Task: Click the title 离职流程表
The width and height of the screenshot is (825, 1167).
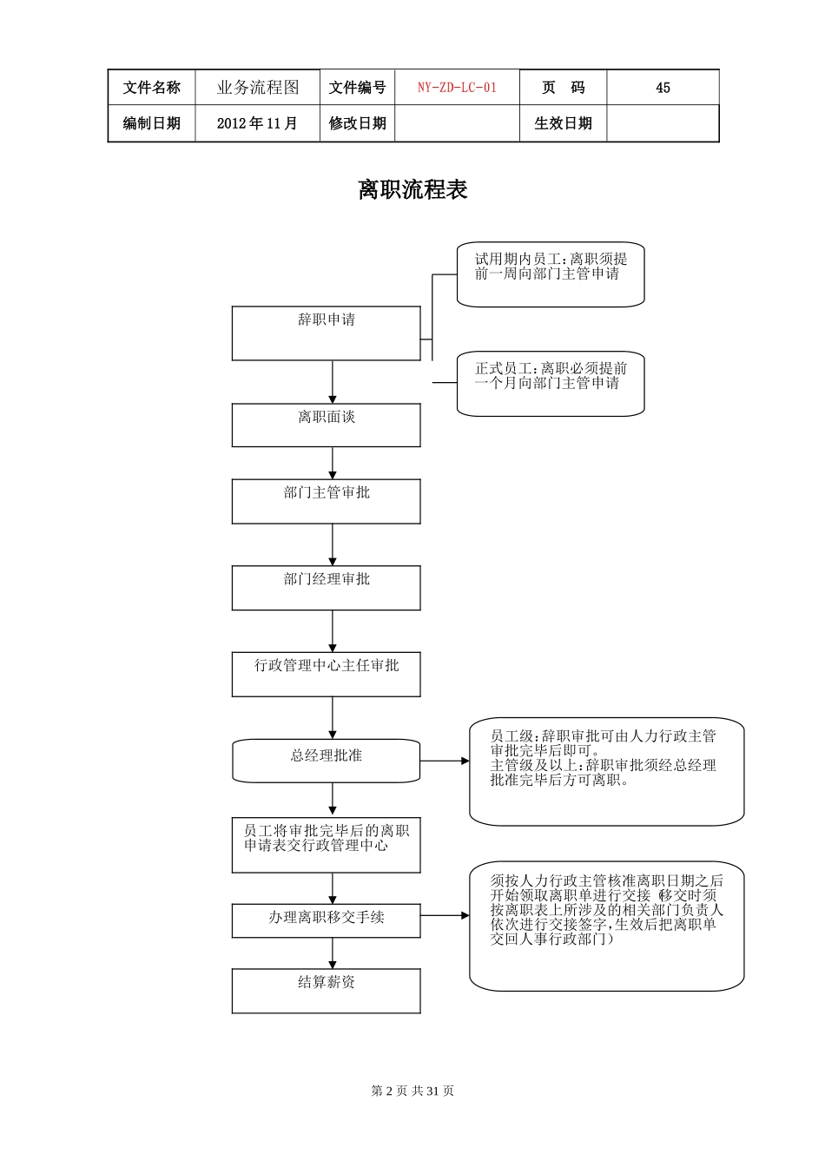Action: (412, 190)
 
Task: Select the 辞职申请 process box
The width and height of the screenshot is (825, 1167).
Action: (326, 333)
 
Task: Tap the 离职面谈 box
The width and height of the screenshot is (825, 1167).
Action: (326, 425)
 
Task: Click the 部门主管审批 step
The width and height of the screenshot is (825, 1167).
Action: (326, 501)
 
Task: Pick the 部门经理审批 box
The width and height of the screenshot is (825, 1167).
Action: (326, 587)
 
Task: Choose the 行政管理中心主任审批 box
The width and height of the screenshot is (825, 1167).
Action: (326, 674)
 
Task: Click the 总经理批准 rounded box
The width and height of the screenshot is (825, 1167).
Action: (326, 760)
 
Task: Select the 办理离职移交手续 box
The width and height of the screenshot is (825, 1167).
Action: (326, 920)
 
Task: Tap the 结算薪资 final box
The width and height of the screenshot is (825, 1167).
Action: (326, 991)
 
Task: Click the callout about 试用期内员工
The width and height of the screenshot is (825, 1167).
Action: (551, 274)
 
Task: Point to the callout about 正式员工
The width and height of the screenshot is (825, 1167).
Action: (551, 383)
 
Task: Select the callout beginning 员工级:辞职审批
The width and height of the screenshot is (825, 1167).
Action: (606, 770)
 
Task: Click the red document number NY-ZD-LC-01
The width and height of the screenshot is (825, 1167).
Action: (457, 88)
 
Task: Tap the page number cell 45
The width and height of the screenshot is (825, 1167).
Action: (663, 88)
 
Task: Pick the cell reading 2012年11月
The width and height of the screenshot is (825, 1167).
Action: (257, 123)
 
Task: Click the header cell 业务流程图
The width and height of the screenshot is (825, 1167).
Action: (257, 88)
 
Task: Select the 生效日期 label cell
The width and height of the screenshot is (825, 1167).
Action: (563, 123)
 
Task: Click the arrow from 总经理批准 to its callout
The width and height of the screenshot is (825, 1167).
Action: (445, 761)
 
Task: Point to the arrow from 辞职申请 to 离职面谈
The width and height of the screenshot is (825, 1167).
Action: (333, 382)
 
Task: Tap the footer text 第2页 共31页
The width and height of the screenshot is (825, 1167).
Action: (412, 1091)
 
